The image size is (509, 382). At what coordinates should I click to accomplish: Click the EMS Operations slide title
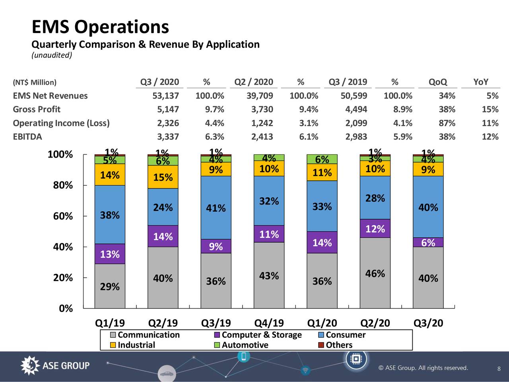click(100, 27)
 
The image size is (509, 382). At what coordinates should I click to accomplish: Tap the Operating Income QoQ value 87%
click(447, 123)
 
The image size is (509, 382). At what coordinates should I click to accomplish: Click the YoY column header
click(480, 82)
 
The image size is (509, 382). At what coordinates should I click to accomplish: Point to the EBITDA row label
click(27, 136)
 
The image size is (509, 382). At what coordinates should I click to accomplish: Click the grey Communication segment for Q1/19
click(110, 286)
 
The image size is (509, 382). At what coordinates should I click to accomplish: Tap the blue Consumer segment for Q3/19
click(216, 208)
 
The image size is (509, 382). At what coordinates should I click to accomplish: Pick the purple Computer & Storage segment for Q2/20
click(375, 228)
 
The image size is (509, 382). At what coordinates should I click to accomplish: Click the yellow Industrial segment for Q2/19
click(163, 177)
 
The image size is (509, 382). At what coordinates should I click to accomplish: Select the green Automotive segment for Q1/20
click(322, 159)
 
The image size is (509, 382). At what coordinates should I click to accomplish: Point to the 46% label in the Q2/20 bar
click(375, 273)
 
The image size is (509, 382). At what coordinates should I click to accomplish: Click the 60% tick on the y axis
click(63, 216)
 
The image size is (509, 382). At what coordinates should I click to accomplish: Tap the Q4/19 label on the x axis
click(269, 323)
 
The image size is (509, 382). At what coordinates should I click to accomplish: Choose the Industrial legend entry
click(132, 345)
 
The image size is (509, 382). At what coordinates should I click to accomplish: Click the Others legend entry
click(335, 345)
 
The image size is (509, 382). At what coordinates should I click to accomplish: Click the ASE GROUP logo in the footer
click(55, 366)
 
